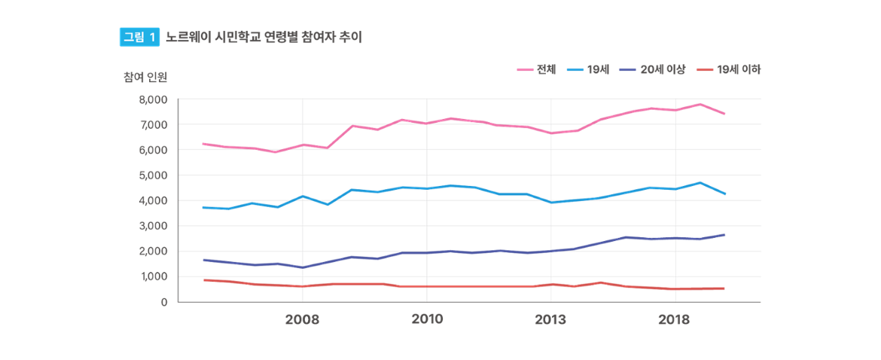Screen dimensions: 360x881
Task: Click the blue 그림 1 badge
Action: [x=139, y=37]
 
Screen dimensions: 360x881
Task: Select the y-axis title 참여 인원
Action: [x=145, y=76]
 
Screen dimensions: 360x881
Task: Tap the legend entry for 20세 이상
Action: [x=662, y=69]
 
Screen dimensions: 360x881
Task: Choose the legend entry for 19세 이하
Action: [x=739, y=69]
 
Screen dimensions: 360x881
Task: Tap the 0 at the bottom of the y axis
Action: [x=163, y=302]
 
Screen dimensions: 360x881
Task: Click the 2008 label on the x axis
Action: [x=303, y=319]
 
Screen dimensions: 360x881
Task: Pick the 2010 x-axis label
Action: [x=427, y=319]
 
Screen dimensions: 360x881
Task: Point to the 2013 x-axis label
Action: [x=550, y=319]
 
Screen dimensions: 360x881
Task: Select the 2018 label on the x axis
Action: [x=675, y=319]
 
